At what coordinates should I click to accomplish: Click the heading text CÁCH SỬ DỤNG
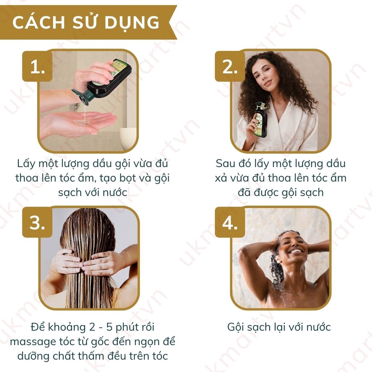[x=86, y=23]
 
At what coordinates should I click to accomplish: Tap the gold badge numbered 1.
[x=37, y=66]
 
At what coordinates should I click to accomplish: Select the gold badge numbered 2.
[x=230, y=66]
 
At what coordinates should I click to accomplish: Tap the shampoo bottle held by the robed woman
[x=260, y=119]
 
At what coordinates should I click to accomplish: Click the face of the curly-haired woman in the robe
[x=263, y=73]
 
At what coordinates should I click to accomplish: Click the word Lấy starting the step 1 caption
[x=26, y=164]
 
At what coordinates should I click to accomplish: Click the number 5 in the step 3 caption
[x=109, y=327]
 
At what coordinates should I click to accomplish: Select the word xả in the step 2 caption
[x=221, y=178]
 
